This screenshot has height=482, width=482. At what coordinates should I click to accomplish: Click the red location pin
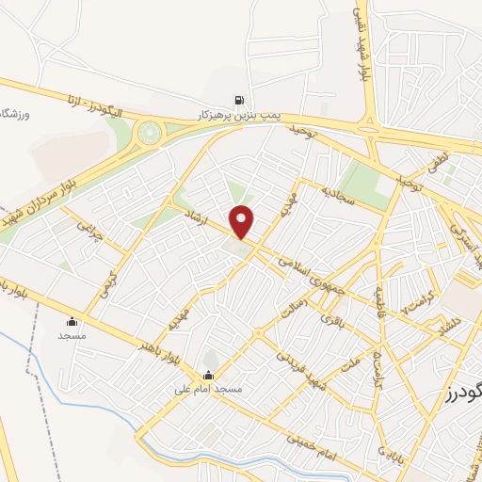point(242,220)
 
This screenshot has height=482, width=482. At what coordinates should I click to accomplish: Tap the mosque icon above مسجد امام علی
point(208,375)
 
